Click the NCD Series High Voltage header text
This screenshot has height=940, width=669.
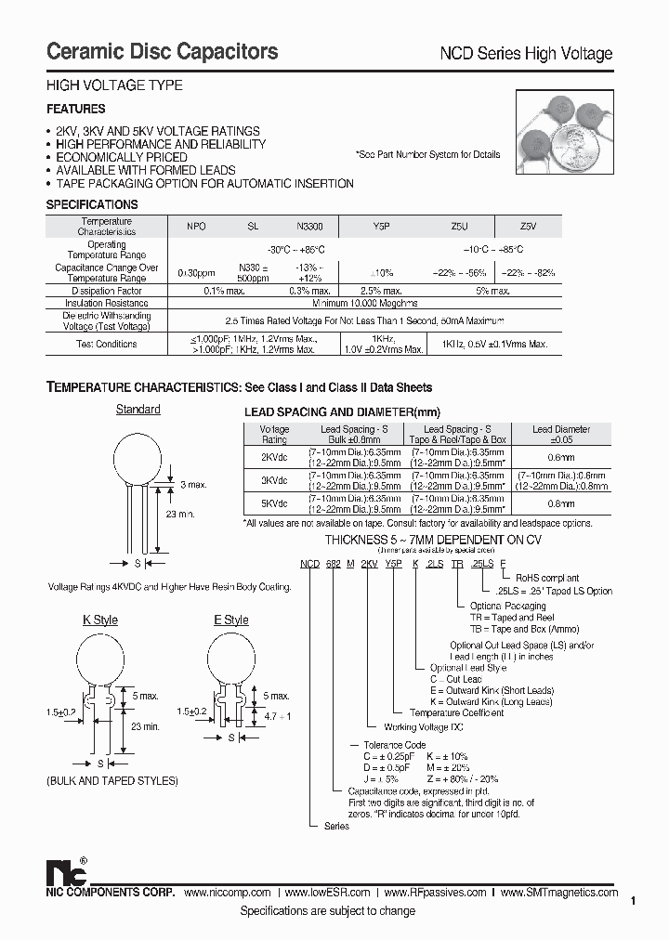pyautogui.click(x=525, y=54)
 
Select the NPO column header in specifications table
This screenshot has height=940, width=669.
pyautogui.click(x=197, y=226)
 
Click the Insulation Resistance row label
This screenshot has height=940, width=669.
pyautogui.click(x=107, y=303)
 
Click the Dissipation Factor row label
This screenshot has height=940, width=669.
pyautogui.click(x=107, y=290)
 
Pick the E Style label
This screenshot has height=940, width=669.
pyautogui.click(x=230, y=620)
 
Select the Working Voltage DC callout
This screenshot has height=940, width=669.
pyautogui.click(x=424, y=726)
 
